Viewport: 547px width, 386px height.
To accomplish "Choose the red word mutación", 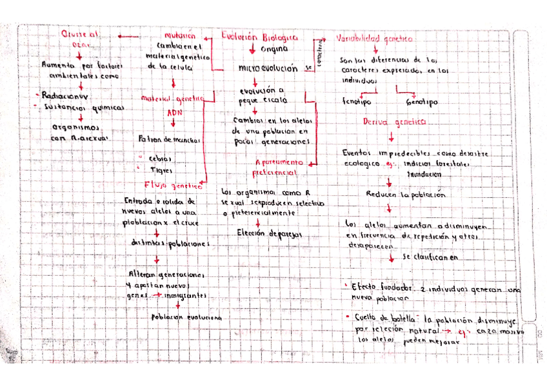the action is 179,36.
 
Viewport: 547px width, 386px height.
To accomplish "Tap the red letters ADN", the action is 175,113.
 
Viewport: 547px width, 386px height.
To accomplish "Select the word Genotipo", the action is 422,102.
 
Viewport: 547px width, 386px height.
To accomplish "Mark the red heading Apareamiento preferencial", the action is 276,168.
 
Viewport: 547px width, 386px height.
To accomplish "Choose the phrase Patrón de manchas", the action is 169,139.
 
